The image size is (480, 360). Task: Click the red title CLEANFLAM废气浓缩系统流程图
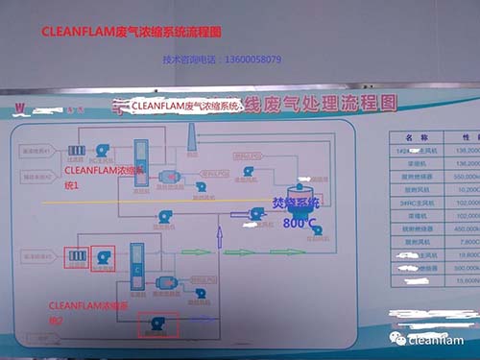click(132, 31)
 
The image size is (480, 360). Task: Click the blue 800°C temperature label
click(300, 223)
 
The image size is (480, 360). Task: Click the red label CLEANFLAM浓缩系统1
click(100, 177)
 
